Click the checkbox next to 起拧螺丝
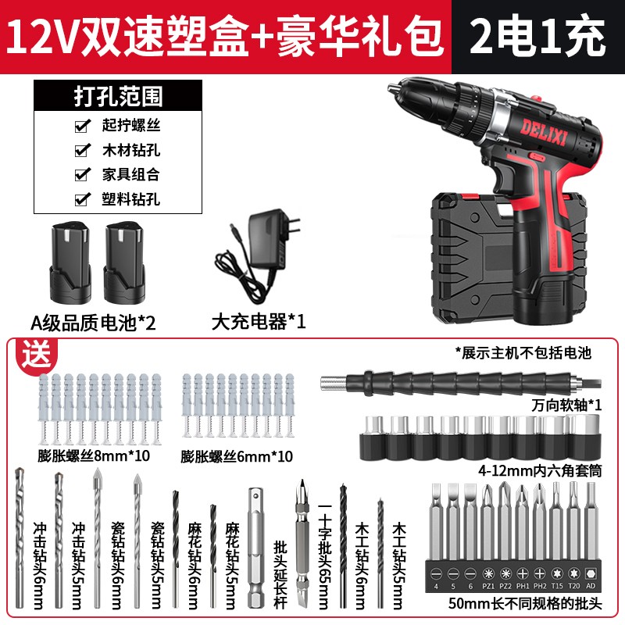(80, 126)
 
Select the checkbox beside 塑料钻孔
(80, 199)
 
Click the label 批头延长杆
(279, 576)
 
